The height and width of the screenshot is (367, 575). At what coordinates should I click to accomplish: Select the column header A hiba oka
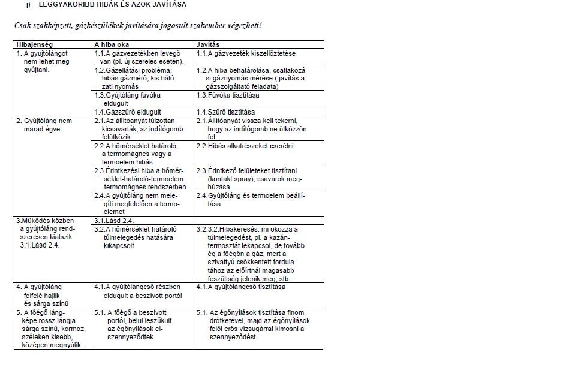[x=112, y=44]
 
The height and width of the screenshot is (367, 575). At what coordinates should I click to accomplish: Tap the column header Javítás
[x=208, y=44]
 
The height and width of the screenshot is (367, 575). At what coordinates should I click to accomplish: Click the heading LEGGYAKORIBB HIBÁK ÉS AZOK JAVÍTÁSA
[x=112, y=4]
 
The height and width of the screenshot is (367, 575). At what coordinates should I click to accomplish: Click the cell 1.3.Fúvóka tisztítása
[x=228, y=95]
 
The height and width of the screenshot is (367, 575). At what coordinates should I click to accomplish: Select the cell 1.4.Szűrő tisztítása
[x=225, y=112]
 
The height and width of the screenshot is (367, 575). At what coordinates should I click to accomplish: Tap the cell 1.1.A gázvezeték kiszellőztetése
[x=246, y=53]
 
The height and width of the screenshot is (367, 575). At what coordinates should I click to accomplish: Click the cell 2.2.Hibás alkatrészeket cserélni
[x=245, y=145]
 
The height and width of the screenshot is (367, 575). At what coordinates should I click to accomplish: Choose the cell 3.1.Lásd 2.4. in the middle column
[x=115, y=220]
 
